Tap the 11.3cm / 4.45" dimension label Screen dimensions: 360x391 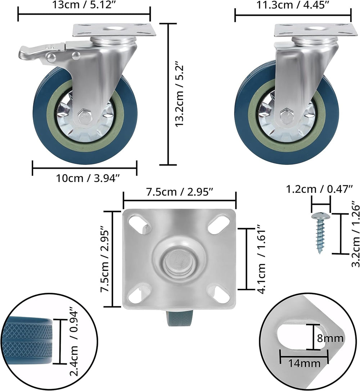(x=292, y=5)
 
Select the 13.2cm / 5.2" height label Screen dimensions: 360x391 (x=180, y=96)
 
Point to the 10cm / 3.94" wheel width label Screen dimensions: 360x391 (x=88, y=178)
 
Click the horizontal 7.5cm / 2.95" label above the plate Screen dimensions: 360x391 (x=179, y=192)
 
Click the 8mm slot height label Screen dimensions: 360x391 (x=330, y=338)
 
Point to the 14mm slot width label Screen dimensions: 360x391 (x=304, y=363)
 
